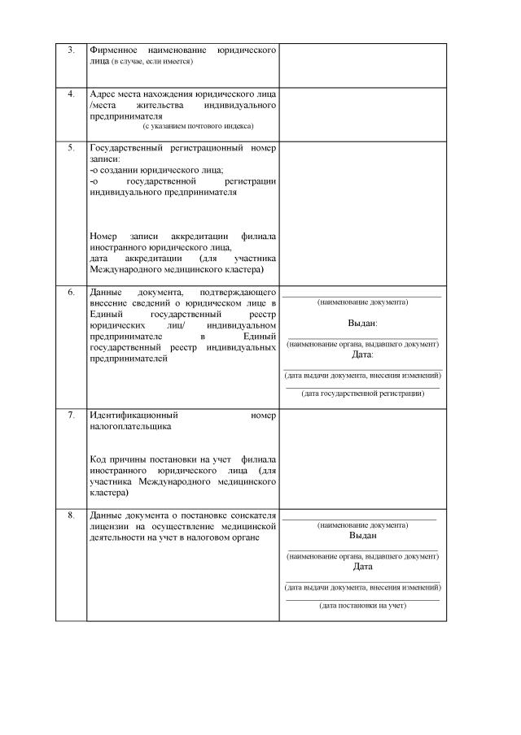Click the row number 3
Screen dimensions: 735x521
(71, 50)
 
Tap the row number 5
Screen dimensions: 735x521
(71, 148)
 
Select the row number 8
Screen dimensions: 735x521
(71, 515)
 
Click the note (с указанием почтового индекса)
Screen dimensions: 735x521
(198, 126)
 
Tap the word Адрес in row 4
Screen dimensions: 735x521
(103, 94)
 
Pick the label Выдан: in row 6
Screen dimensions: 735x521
(362, 323)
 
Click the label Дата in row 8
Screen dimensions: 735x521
(362, 567)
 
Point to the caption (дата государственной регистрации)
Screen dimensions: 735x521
(362, 394)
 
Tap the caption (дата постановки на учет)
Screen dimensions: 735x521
(362, 606)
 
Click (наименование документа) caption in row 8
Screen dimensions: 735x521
(362, 525)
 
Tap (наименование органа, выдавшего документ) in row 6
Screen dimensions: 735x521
(362, 344)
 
